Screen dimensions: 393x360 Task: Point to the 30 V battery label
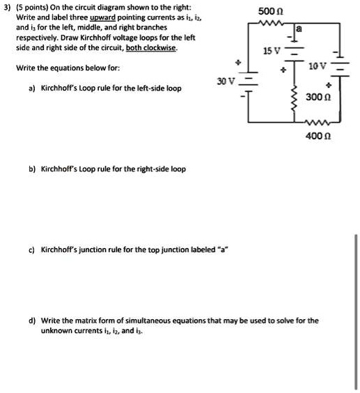(225, 82)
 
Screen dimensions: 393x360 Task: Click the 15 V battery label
(272, 52)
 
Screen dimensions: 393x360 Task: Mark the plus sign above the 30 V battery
(237, 63)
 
